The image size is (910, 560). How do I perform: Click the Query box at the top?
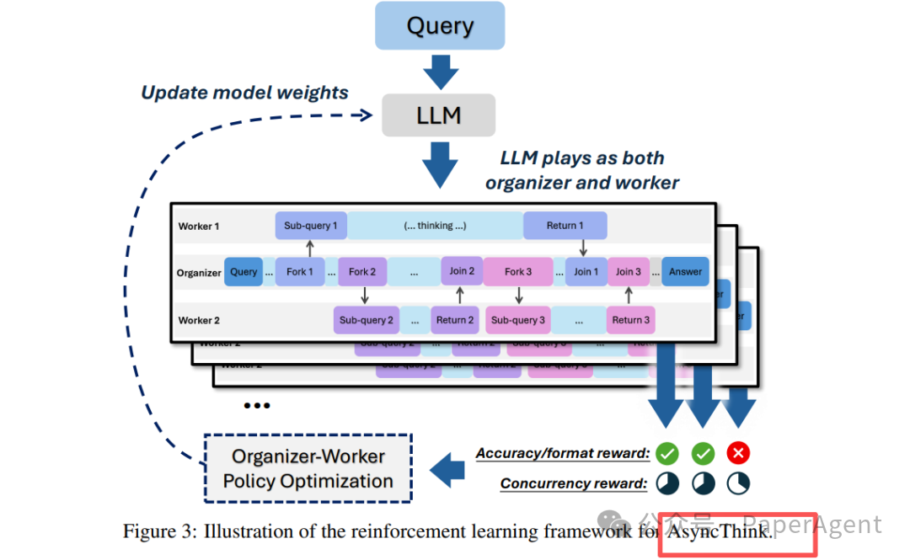coord(439,25)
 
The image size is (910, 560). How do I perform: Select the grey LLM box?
coord(438,115)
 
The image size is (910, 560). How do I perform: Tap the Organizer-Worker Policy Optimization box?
coord(308,469)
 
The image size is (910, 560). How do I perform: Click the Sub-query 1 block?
coord(311,226)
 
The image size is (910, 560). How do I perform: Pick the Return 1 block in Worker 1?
coord(565,226)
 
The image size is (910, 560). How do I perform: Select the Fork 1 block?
coord(300,272)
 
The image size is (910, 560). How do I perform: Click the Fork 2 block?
coord(362,272)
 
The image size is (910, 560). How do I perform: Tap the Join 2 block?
coord(462,271)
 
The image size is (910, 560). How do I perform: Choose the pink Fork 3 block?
coord(518,272)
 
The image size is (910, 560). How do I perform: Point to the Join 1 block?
coord(582,272)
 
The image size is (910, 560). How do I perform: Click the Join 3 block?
coord(629,272)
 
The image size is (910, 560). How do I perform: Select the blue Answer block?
coord(685,272)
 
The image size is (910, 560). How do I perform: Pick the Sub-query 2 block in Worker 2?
coord(367,320)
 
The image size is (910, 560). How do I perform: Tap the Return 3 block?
coord(630,320)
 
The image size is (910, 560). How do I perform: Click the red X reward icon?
coord(739,454)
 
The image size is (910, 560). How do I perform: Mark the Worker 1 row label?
coord(199,226)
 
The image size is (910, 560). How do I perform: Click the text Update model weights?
coord(244,93)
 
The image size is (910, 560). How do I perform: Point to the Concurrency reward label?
coord(574,483)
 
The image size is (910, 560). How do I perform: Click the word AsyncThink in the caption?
coord(718,531)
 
